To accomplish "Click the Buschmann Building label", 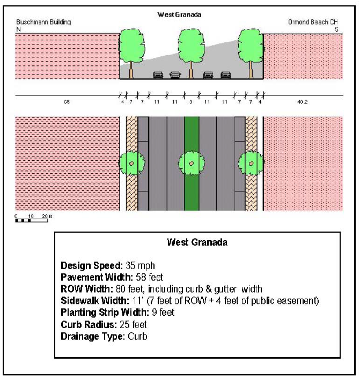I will point(43,23).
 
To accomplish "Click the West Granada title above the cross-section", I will point(179,14).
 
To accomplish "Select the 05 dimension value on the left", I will point(67,101).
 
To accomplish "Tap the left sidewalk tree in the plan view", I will point(132,162).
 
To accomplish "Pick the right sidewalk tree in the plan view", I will point(251,162).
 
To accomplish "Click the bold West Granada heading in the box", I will point(197,242).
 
